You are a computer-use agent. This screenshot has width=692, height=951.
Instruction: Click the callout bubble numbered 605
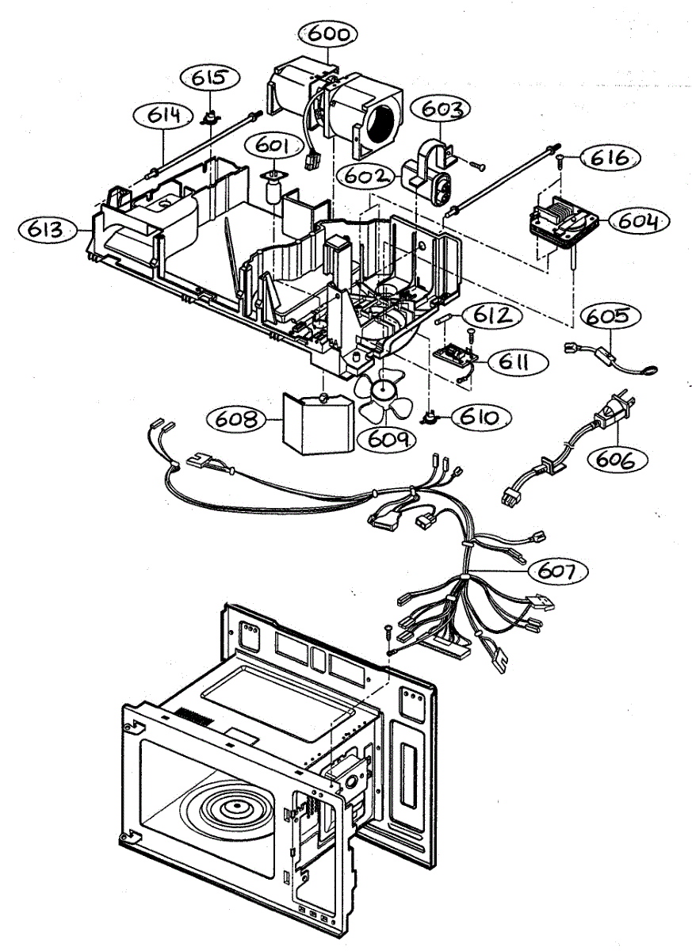612,317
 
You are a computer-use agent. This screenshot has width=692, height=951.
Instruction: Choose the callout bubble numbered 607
559,569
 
